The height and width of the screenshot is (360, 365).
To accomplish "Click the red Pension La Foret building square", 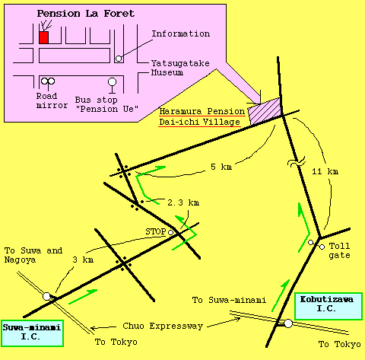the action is point(43,37).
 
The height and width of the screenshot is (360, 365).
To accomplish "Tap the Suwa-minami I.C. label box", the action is point(32,333).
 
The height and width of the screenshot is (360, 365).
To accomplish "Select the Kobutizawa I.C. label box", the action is point(328,306).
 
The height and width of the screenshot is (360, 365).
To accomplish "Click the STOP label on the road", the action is point(156,231).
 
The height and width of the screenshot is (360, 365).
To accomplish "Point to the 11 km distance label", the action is point(325,171).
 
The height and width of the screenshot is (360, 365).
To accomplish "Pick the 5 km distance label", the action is point(221,167).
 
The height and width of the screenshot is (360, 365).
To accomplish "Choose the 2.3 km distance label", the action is point(183,202).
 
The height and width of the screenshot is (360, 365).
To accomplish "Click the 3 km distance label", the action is point(83,260).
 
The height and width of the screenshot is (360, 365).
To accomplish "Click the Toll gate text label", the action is point(339,250).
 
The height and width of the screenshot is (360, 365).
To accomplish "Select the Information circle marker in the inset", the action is point(119,59).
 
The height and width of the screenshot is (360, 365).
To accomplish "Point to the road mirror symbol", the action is point(48,84).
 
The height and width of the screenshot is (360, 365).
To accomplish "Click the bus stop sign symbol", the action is point(112,85).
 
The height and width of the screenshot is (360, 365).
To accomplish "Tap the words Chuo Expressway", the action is point(163,326).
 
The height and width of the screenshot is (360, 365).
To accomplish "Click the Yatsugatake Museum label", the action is point(180,68).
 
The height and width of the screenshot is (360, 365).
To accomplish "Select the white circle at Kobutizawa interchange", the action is point(288,323).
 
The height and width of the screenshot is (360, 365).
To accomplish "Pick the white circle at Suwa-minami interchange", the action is point(46,296).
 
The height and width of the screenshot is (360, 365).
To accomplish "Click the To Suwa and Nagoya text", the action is point(33,255).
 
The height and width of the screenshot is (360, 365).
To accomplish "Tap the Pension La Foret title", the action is point(86,14).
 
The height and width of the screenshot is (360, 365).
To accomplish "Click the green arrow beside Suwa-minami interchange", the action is point(83,297).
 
